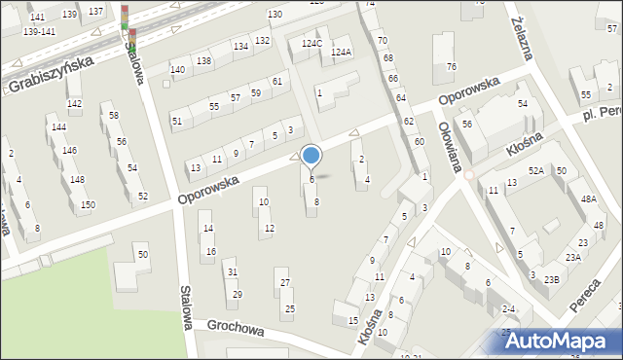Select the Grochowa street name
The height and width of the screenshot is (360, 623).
pyautogui.click(x=228, y=329)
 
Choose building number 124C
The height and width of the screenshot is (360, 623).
pyautogui.click(x=311, y=44)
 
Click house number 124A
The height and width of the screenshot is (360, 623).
pyautogui.click(x=341, y=52)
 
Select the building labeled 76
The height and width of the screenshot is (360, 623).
pyautogui.click(x=451, y=66)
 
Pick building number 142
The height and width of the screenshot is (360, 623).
pyautogui.click(x=74, y=103)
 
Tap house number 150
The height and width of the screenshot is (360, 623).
pyautogui.click(x=88, y=204)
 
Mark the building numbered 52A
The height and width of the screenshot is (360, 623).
pyautogui.click(x=535, y=171)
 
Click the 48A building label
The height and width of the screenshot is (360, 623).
pyautogui.click(x=588, y=198)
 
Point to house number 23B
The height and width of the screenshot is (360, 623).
pyautogui.click(x=552, y=279)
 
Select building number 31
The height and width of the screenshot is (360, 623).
pyautogui.click(x=233, y=271)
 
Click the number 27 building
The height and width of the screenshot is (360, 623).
pyautogui.click(x=285, y=283)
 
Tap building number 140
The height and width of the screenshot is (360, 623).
pyautogui.click(x=177, y=70)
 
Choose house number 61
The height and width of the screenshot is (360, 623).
pyautogui.click(x=277, y=81)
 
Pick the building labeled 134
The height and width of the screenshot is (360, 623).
pyautogui.click(x=240, y=47)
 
